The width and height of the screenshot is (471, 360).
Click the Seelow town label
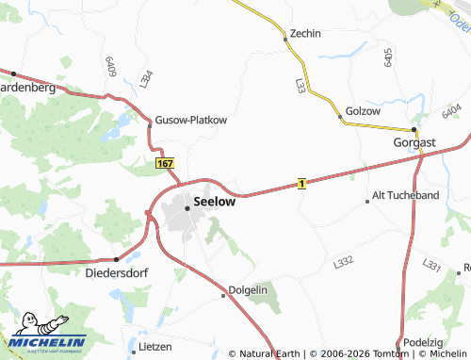tap(215, 201)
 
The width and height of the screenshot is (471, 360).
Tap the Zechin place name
tap(305, 33)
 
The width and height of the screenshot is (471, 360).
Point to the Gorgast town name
tap(414, 142)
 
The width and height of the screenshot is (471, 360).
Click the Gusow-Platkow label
tap(191, 120)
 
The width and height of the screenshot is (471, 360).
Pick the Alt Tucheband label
tap(406, 195)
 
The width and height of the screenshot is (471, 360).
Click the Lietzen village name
tap(154, 346)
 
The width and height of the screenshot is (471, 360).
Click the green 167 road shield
tap(165, 163)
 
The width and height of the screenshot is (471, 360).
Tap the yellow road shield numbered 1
tap(300, 183)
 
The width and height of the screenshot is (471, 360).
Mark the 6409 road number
tap(111, 66)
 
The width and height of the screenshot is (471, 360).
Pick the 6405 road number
tap(388, 57)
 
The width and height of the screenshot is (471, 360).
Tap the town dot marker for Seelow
tap(187, 208)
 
